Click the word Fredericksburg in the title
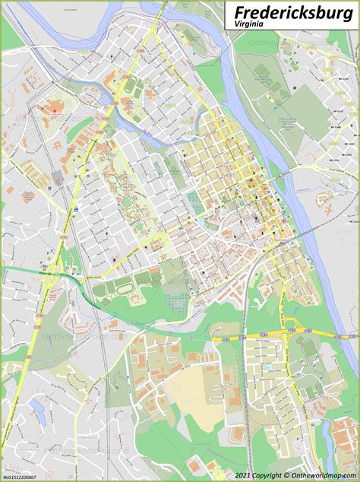(x=293, y=13)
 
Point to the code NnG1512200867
(x=21, y=476)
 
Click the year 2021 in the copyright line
(x=242, y=476)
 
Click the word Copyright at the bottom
(x=266, y=476)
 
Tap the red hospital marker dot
(x=55, y=111)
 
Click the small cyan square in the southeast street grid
(x=267, y=367)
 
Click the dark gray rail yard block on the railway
(x=58, y=178)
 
